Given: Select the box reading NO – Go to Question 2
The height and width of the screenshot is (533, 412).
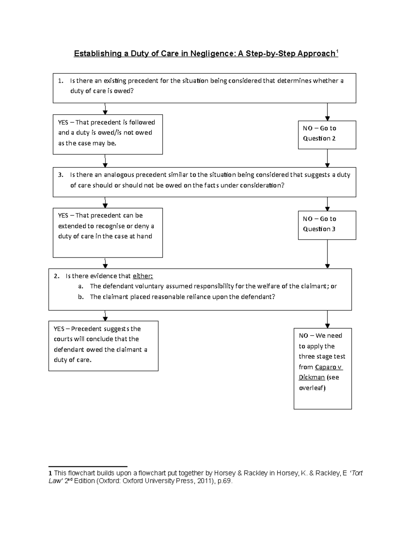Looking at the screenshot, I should (327, 135).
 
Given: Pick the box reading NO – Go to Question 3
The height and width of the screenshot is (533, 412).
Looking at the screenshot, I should (327, 225).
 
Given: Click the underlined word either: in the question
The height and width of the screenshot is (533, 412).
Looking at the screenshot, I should (143, 276).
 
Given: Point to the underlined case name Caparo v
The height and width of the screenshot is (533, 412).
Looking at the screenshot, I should (329, 367).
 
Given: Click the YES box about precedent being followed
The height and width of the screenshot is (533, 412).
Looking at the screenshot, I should (107, 134).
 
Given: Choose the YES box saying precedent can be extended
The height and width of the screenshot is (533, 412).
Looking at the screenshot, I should (107, 232).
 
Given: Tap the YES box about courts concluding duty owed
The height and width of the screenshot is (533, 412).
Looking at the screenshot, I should (103, 346).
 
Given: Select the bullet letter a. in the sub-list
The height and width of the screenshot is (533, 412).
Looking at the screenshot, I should (81, 286).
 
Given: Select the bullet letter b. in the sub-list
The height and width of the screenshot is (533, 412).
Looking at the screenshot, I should (81, 297).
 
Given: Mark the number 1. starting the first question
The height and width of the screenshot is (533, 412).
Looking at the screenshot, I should (61, 81).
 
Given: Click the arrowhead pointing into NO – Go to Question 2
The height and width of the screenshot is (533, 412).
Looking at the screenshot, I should (327, 118).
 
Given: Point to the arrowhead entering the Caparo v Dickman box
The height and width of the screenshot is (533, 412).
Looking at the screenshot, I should (327, 326).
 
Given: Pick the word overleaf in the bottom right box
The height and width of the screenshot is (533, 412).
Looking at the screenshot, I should (311, 388).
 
